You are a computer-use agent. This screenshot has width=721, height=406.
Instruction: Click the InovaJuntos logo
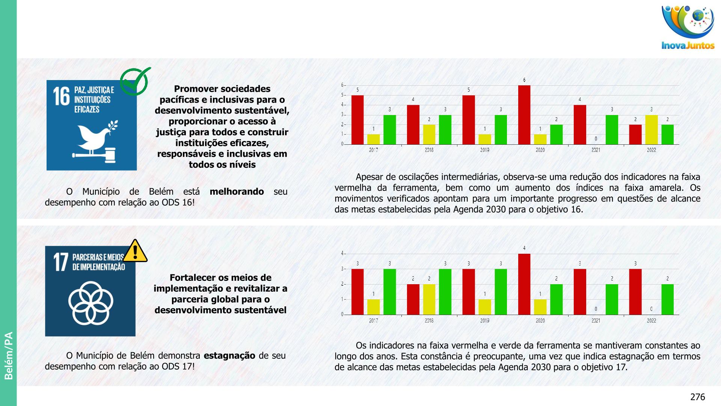tap(688, 27)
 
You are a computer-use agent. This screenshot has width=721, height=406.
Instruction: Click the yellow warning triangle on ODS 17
tap(135, 251)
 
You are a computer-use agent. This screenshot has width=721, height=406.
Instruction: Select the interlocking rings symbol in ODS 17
tap(91, 303)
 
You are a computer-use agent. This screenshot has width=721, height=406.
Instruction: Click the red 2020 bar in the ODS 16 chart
tap(524, 115)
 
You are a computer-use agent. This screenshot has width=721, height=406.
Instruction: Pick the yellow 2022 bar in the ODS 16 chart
tap(651, 130)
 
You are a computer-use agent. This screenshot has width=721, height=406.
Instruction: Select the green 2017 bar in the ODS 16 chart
tap(389, 130)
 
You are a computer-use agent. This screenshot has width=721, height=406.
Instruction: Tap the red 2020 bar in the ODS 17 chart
tap(524, 284)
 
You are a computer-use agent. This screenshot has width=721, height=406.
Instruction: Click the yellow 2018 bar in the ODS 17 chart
tap(429, 299)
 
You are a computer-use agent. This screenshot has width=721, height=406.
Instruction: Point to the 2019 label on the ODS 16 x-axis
tap(484, 150)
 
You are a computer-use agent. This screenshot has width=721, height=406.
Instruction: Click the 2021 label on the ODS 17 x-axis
tap(596, 321)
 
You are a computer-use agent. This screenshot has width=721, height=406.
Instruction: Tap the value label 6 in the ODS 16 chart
tap(524, 80)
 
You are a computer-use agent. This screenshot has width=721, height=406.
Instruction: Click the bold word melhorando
tap(237, 192)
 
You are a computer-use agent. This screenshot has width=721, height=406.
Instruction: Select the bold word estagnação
tap(229, 356)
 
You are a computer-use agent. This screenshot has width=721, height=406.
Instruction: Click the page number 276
tap(697, 397)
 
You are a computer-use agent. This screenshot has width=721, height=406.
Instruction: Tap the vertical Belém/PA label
tap(8, 355)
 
